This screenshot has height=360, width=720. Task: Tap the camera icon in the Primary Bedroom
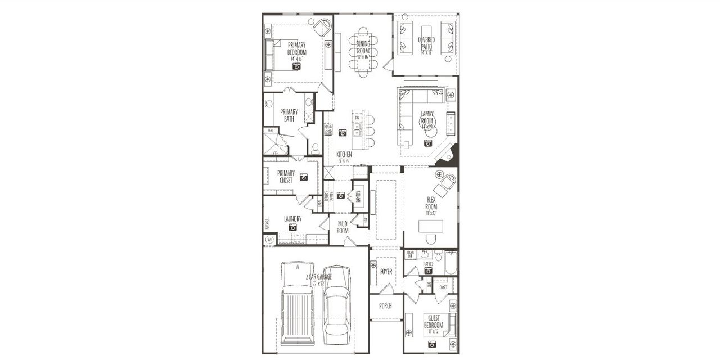pyautogui.click(x=296, y=66)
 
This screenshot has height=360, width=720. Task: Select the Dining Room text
pyautogui.click(x=363, y=47)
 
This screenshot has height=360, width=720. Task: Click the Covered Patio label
pyautogui.click(x=426, y=43)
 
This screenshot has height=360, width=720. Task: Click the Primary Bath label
pyautogui.click(x=289, y=115)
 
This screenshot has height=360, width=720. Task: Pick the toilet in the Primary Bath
pyautogui.click(x=315, y=148)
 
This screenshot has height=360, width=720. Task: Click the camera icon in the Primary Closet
pyautogui.click(x=304, y=177)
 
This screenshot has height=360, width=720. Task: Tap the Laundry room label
pyautogui.click(x=292, y=219)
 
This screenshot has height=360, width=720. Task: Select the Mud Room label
pyautogui.click(x=343, y=227)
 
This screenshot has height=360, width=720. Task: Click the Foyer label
pyautogui.click(x=386, y=272)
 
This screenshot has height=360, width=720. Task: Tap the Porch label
pyautogui.click(x=385, y=305)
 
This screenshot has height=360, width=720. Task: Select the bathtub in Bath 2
pyautogui.click(x=451, y=263)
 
